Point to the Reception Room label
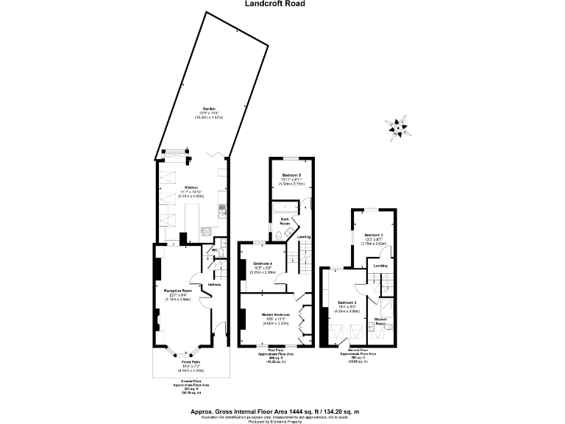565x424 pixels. pos(177,291)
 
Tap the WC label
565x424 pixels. pos(216,250)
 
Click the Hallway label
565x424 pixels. pos(214,284)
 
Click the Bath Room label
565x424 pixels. pos(285,220)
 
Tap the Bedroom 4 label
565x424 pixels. pos(263,264)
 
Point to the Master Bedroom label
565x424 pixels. pos(276,314)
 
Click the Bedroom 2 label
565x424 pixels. pos(347,303)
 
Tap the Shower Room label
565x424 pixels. pos(381,320)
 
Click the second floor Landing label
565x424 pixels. pos(380,266)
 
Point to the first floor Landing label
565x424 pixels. pos(304,237)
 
